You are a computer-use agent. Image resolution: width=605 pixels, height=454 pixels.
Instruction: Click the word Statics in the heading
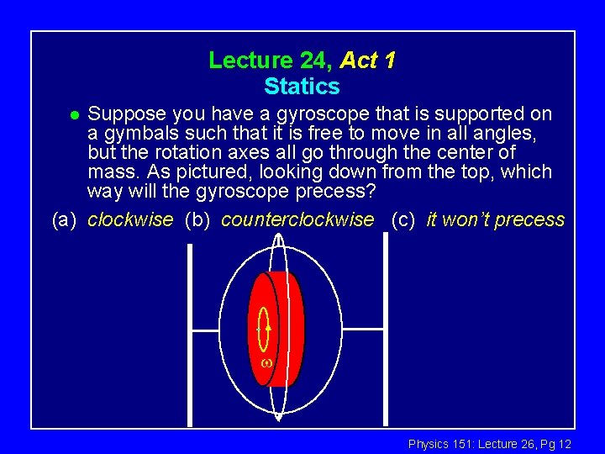[x=302, y=87]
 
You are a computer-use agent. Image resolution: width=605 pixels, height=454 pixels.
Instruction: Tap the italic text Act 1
[x=368, y=61]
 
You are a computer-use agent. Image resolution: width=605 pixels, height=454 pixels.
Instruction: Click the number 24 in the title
[x=316, y=61]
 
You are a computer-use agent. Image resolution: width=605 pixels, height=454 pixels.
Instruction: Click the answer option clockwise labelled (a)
[x=130, y=220]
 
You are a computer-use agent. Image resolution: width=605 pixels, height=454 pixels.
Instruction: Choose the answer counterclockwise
[x=297, y=220]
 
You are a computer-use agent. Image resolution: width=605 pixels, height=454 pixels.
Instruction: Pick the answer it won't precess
[x=496, y=220]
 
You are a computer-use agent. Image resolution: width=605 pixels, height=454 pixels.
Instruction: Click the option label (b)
[x=197, y=220]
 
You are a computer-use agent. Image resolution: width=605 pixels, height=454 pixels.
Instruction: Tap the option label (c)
[x=404, y=220]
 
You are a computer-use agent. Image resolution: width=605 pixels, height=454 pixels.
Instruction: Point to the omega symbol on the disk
[x=265, y=363]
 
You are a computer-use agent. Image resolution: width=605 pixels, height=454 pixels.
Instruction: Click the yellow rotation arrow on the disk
[x=264, y=328]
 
